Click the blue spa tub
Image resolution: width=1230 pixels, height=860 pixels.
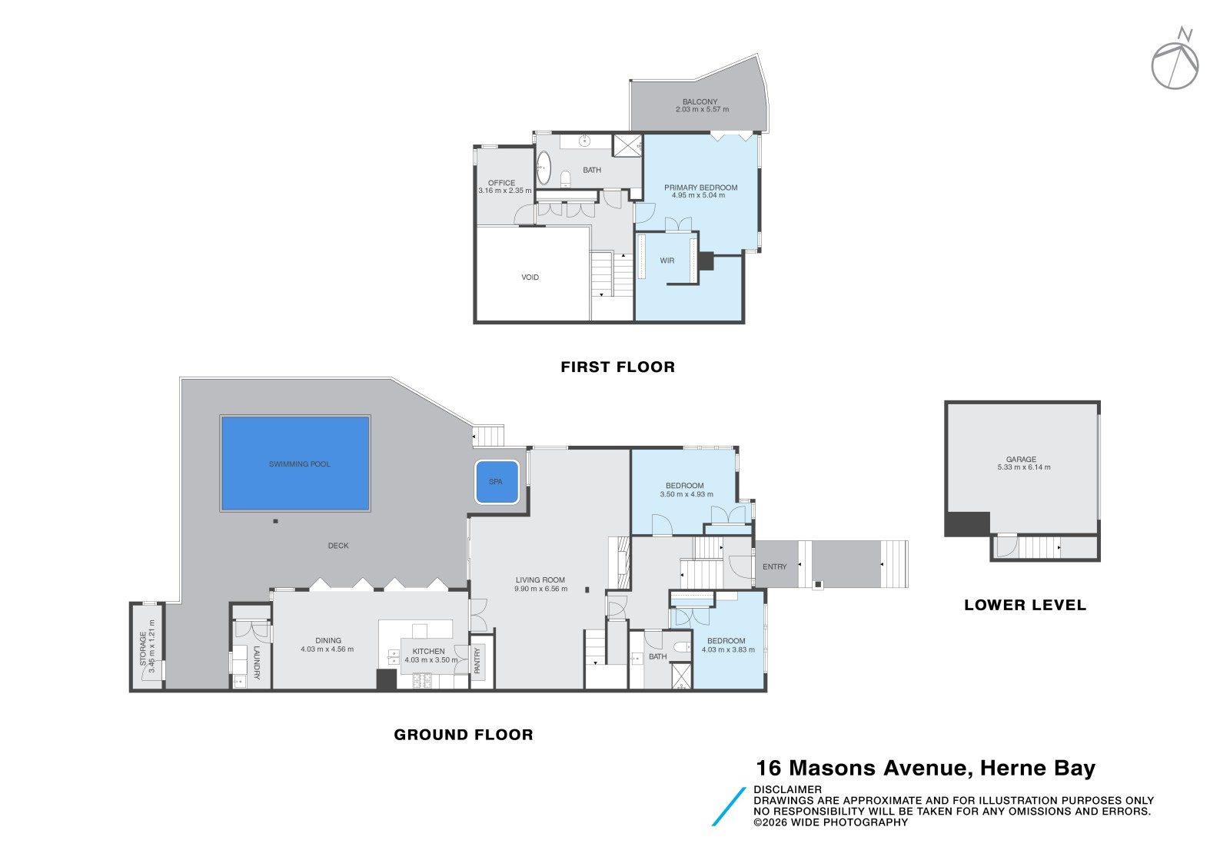(x=497, y=482)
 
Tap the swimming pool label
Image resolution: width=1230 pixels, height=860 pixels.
(x=299, y=464)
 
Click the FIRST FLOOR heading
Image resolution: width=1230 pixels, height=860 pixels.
(x=618, y=367)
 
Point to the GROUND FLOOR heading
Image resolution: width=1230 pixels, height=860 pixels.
(x=464, y=735)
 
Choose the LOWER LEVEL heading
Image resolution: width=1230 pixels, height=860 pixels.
(x=1026, y=606)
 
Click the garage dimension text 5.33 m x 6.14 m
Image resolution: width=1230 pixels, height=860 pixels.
(x=1024, y=467)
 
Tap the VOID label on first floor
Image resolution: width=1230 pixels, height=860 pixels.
(x=530, y=277)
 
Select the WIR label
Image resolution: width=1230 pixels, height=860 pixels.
(x=667, y=261)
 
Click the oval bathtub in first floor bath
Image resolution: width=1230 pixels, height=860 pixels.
(x=543, y=168)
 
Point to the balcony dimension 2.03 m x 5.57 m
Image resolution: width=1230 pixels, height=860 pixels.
(x=703, y=110)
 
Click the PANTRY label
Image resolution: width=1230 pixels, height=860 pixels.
(x=477, y=660)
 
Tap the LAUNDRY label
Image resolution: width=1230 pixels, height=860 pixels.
(x=256, y=662)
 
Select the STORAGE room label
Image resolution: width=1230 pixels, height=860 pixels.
(x=143, y=648)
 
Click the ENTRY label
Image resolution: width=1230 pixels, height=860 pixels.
(x=775, y=567)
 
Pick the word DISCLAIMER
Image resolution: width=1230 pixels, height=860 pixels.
(x=787, y=790)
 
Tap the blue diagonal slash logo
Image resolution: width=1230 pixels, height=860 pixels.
(x=729, y=806)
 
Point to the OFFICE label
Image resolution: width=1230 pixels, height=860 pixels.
(x=501, y=184)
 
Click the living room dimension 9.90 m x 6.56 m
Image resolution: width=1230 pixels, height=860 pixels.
(x=541, y=589)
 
